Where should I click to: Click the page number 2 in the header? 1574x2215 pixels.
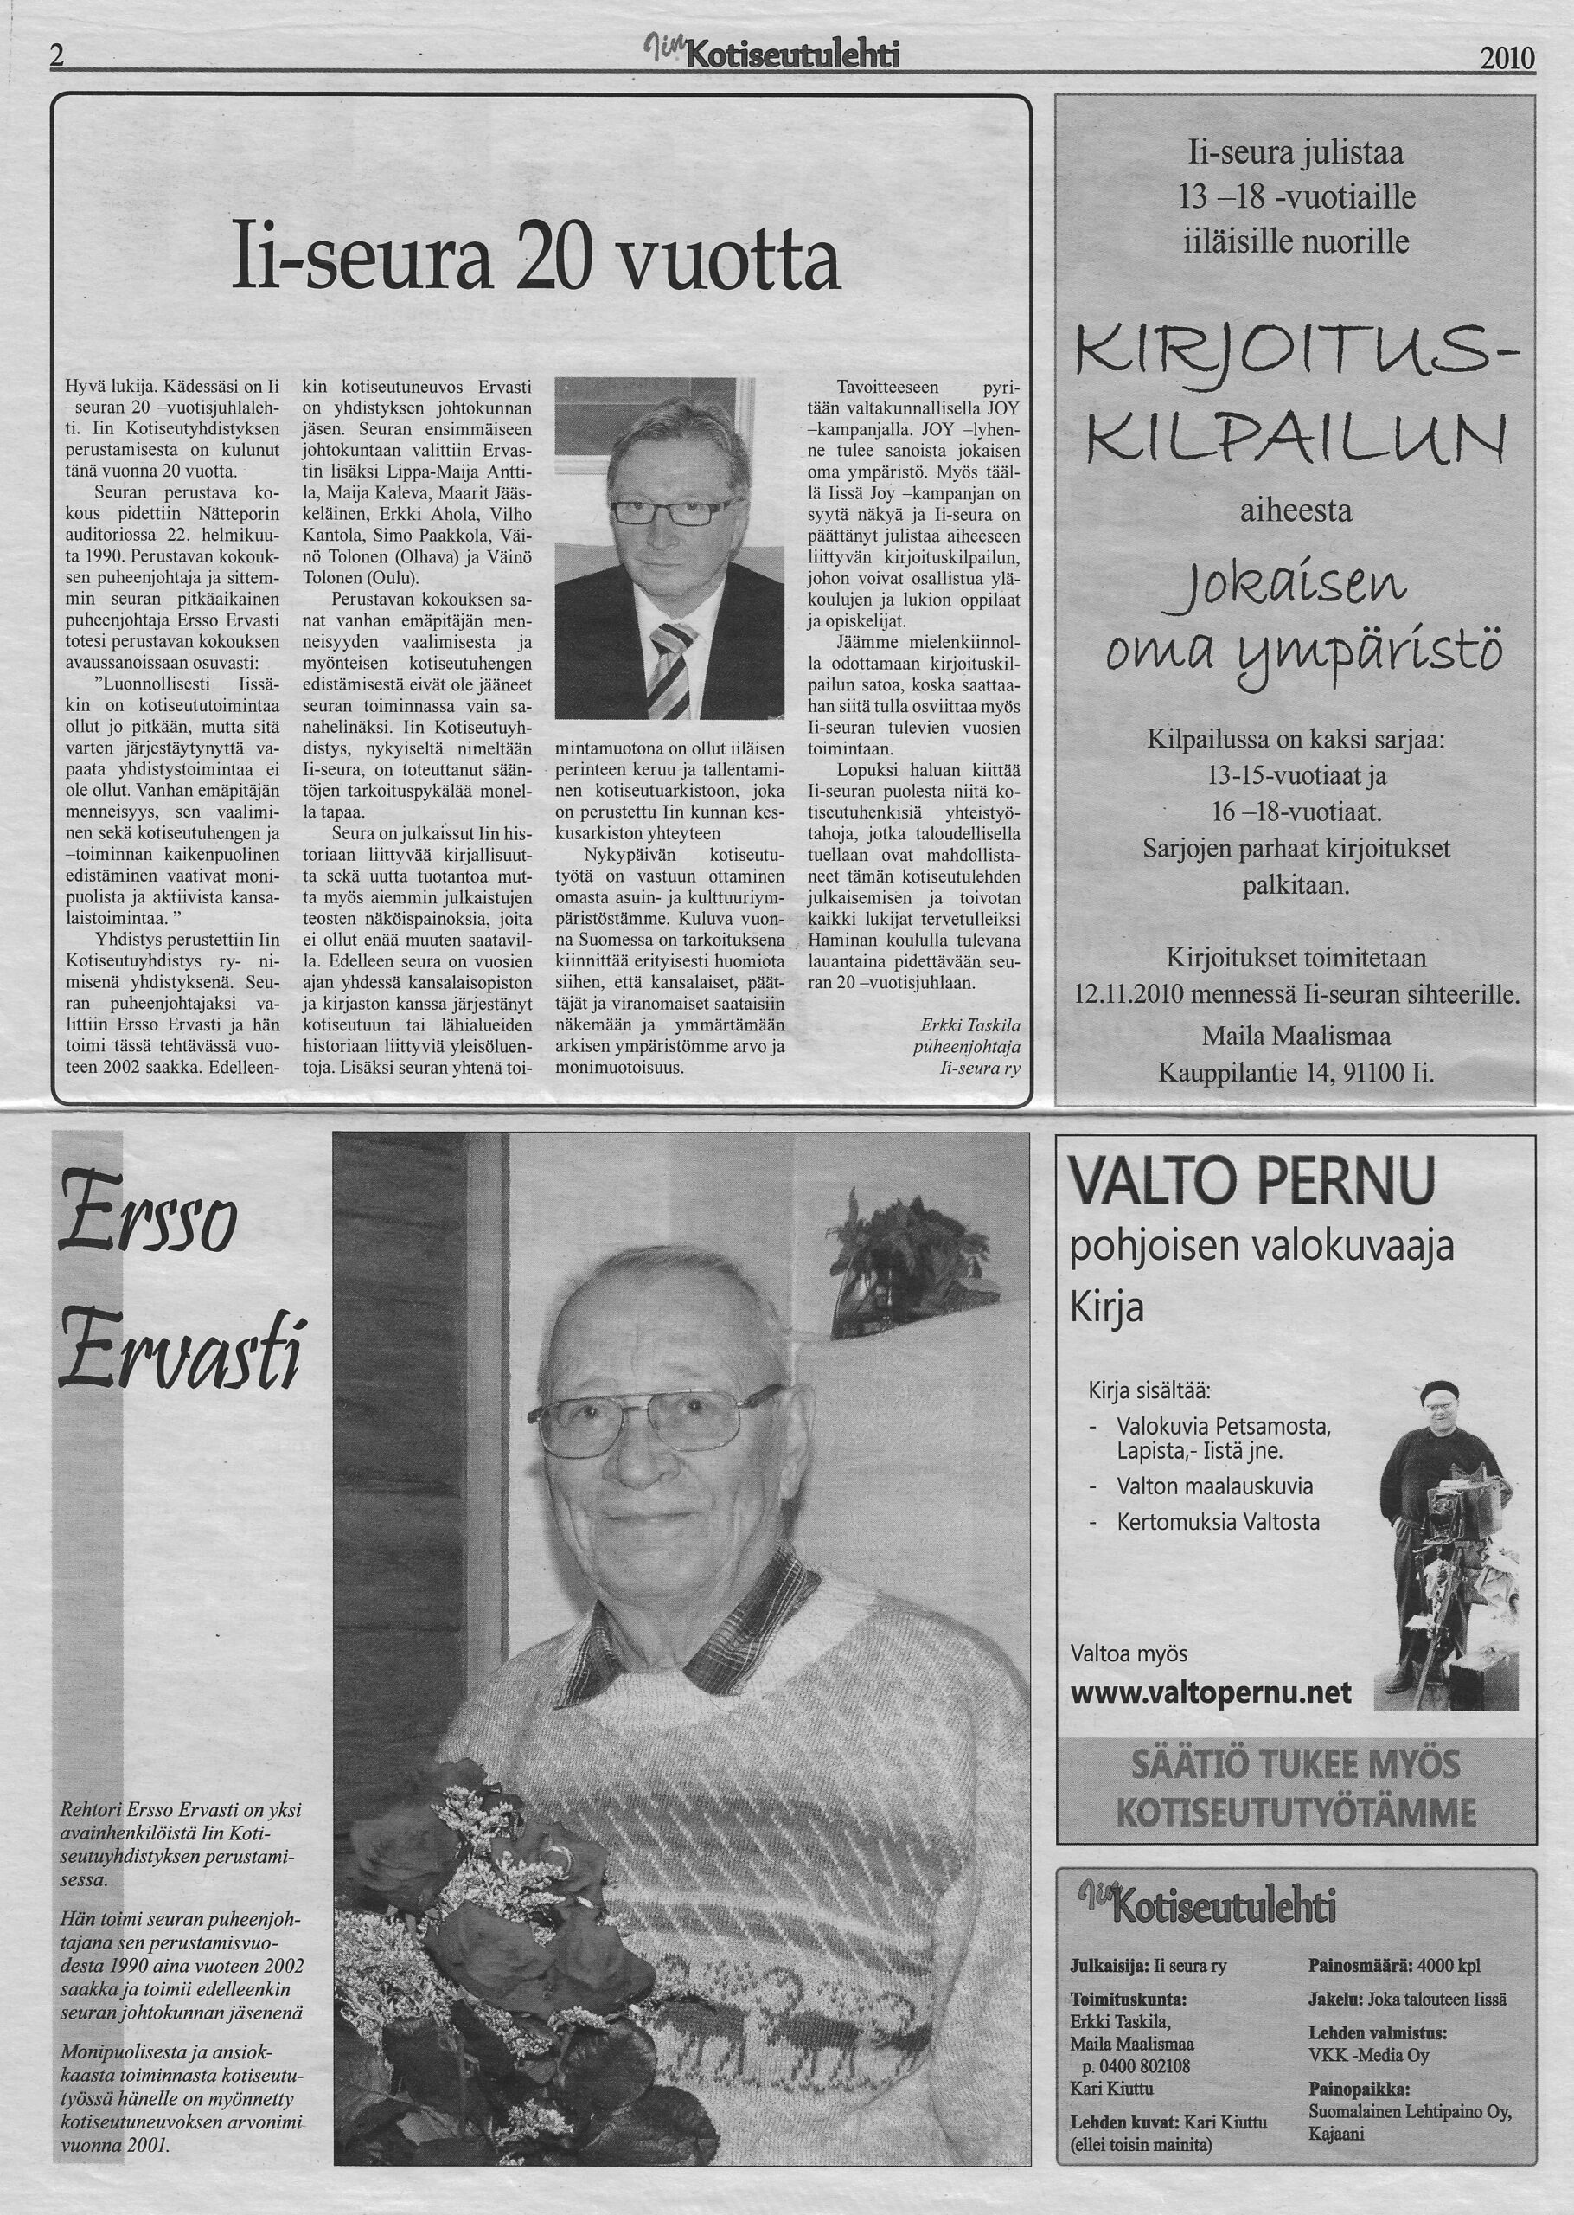coord(56,58)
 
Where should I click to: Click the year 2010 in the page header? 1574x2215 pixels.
coord(1507,60)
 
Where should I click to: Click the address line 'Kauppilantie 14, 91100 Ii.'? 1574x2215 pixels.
coord(1296,1074)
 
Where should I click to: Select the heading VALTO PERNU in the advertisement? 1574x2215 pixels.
coord(1252,1183)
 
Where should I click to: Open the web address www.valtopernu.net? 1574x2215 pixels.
coord(1211,1666)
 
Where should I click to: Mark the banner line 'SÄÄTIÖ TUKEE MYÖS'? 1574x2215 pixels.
coord(1296,1764)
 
